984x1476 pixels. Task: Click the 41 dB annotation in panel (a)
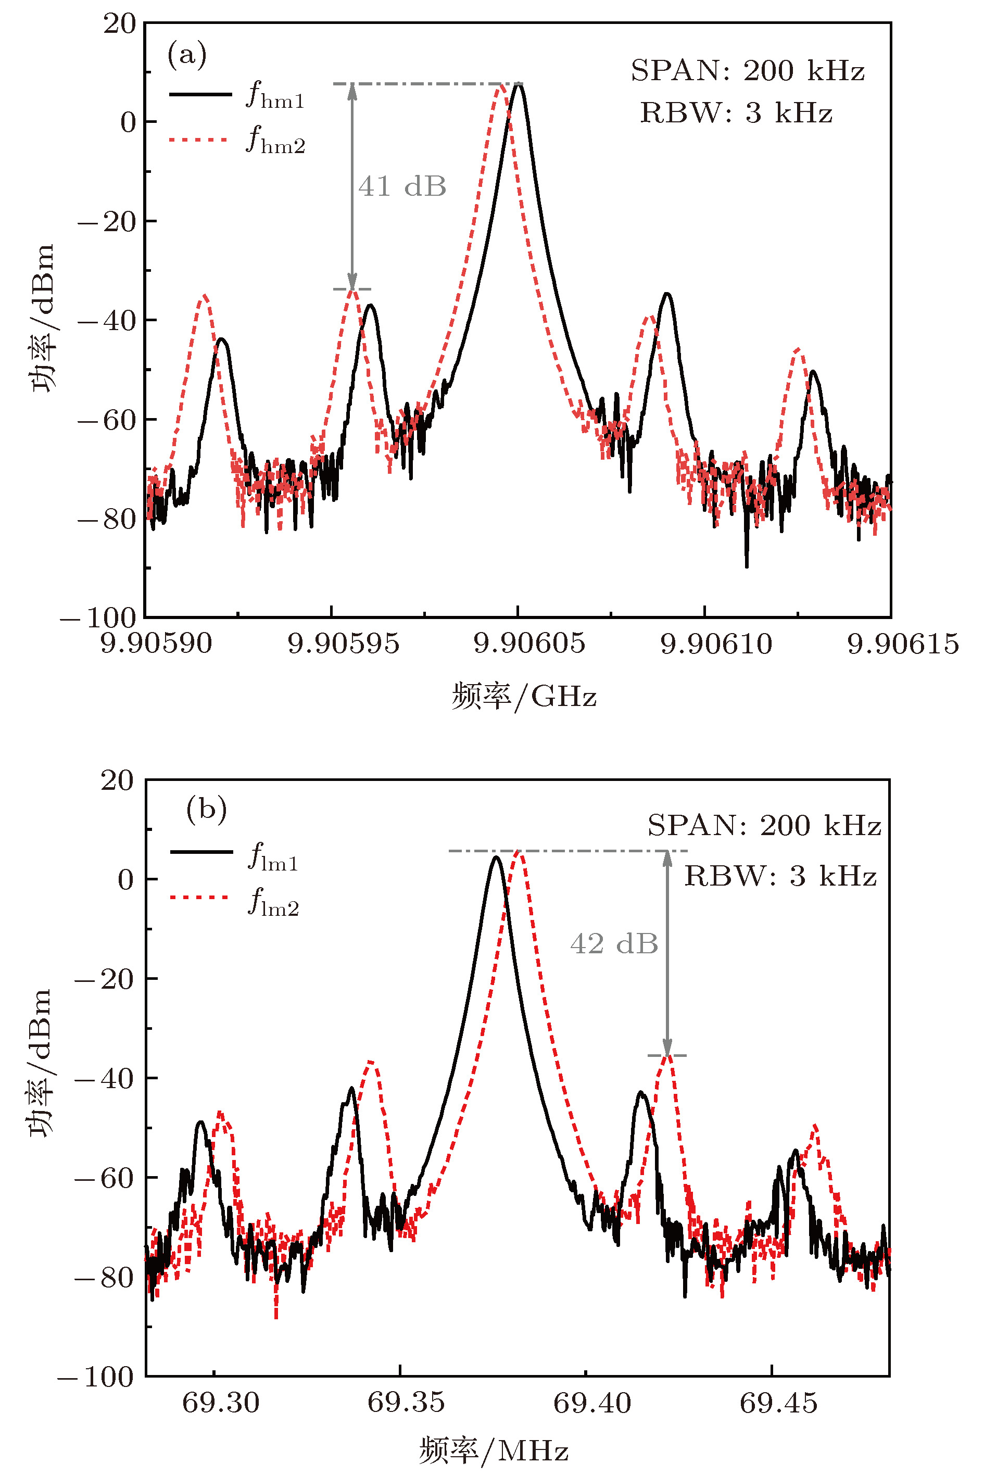tap(402, 186)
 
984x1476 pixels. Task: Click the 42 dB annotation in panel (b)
tap(614, 944)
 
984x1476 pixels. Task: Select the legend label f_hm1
tap(275, 96)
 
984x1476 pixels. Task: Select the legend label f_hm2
tap(275, 140)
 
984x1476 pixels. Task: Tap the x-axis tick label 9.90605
tap(529, 643)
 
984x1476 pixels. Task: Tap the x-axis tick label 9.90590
tap(156, 643)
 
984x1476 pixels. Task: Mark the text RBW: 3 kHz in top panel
tap(736, 113)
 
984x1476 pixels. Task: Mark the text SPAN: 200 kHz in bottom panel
tap(764, 825)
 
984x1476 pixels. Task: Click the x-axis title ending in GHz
tap(524, 696)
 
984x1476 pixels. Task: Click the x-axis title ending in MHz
tap(494, 1450)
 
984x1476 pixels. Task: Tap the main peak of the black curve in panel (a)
tap(519, 85)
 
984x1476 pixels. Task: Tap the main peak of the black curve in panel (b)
tap(496, 857)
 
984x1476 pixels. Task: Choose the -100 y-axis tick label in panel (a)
tap(98, 618)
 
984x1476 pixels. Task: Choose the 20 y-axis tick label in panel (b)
tap(117, 780)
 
